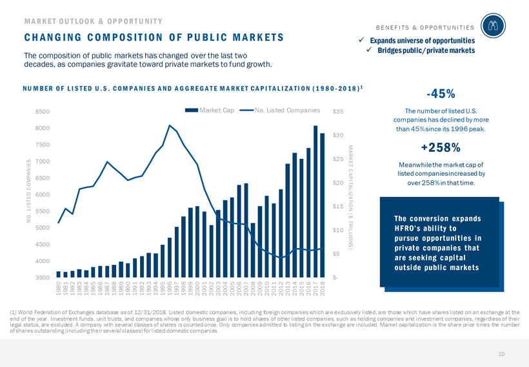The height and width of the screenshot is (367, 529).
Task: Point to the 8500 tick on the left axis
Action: (43, 111)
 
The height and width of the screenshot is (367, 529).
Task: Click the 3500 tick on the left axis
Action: (43, 278)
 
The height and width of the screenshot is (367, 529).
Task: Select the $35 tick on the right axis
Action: (337, 111)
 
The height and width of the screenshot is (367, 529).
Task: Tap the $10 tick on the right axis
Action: (337, 230)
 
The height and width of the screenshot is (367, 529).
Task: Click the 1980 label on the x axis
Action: (59, 289)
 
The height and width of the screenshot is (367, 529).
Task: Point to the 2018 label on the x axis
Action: (323, 289)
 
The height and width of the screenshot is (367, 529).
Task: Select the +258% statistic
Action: (438, 146)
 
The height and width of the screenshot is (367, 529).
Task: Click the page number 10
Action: (501, 354)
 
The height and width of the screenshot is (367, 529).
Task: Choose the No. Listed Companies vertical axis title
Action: (29, 191)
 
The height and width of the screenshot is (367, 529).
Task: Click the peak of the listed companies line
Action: (170, 125)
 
